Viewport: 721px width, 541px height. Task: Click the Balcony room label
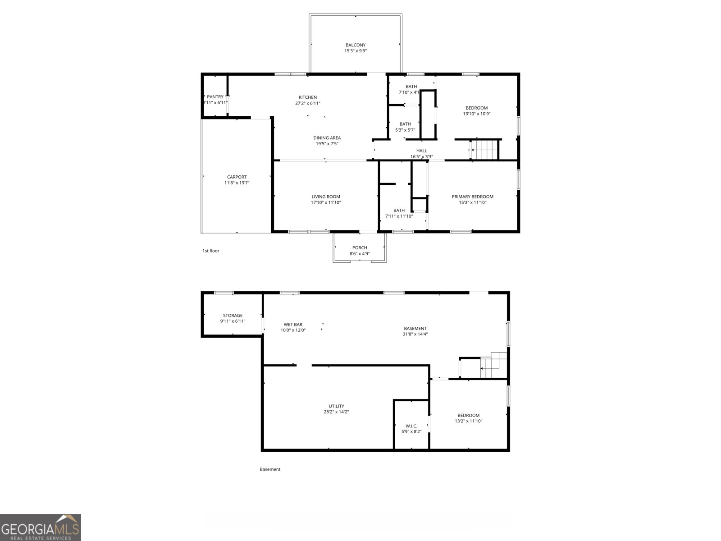(356, 45)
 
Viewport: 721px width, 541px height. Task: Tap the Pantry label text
(215, 97)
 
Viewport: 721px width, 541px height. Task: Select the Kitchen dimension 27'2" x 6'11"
(308, 103)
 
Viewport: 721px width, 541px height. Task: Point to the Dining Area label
(327, 138)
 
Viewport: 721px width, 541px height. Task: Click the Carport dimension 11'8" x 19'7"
(237, 183)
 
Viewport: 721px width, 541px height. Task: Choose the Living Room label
(326, 197)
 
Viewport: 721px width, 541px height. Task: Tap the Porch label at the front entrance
(360, 248)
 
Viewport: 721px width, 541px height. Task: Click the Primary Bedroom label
(472, 197)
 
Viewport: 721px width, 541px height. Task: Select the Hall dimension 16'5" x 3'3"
(421, 157)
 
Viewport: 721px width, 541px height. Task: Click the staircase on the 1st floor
(485, 150)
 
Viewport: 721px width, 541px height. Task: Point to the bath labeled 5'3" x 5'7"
(405, 127)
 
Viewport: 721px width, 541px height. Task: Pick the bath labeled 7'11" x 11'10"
(399, 213)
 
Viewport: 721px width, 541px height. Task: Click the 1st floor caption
(210, 251)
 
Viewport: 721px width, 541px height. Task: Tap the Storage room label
(233, 316)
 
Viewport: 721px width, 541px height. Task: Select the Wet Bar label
(293, 325)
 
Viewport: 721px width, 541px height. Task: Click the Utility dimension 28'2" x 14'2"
(336, 412)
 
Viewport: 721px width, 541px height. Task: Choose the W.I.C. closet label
(411, 426)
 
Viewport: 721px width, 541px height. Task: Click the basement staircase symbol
(493, 364)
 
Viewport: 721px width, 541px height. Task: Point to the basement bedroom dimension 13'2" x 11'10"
(468, 421)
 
